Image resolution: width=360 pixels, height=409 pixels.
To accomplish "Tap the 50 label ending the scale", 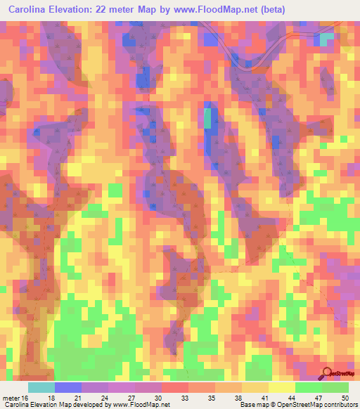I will coord(345,398).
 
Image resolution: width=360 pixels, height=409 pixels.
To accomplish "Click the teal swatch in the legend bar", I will coord(41,387).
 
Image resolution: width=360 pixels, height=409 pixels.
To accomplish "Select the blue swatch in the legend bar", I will coord(68,387).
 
